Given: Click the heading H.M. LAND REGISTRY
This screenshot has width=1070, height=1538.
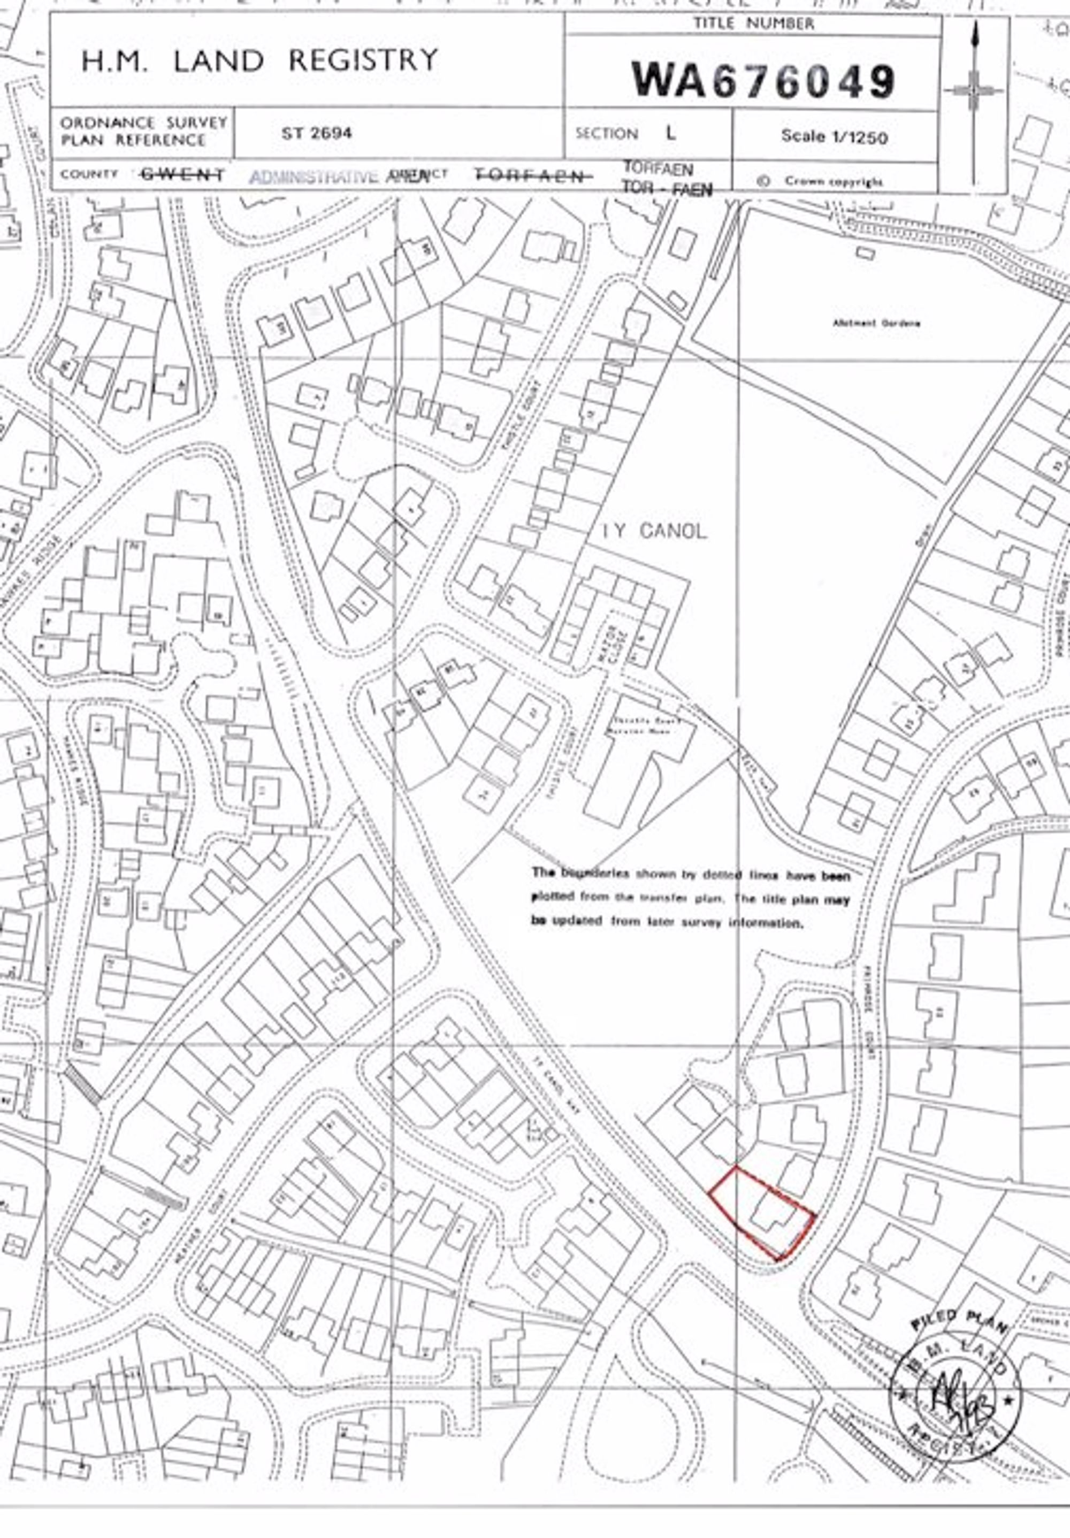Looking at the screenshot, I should [x=259, y=61].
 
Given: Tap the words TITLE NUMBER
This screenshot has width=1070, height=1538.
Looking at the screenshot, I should [x=753, y=24].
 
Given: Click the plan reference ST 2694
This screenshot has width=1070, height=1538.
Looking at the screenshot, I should [x=316, y=133].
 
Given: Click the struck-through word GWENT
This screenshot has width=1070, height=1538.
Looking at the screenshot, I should [x=182, y=175].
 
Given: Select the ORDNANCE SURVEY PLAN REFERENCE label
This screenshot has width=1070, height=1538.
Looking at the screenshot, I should [x=143, y=131].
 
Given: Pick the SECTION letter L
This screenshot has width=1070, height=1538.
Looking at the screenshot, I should [x=671, y=132].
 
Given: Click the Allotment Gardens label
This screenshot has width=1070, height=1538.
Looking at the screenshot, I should [x=876, y=323].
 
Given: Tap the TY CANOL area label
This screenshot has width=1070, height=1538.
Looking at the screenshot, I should [x=653, y=531].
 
